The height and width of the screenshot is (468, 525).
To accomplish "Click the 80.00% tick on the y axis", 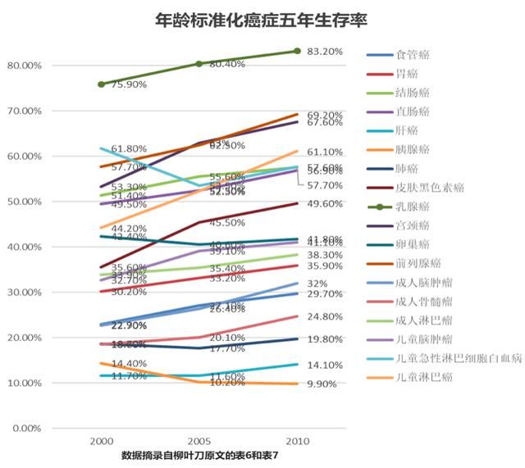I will (x=25, y=65).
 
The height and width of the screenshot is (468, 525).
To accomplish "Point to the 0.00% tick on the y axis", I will (x=27, y=429).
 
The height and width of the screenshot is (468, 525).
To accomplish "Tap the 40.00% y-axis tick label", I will (x=25, y=247).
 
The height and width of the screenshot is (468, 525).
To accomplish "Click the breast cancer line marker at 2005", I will (x=199, y=64).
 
